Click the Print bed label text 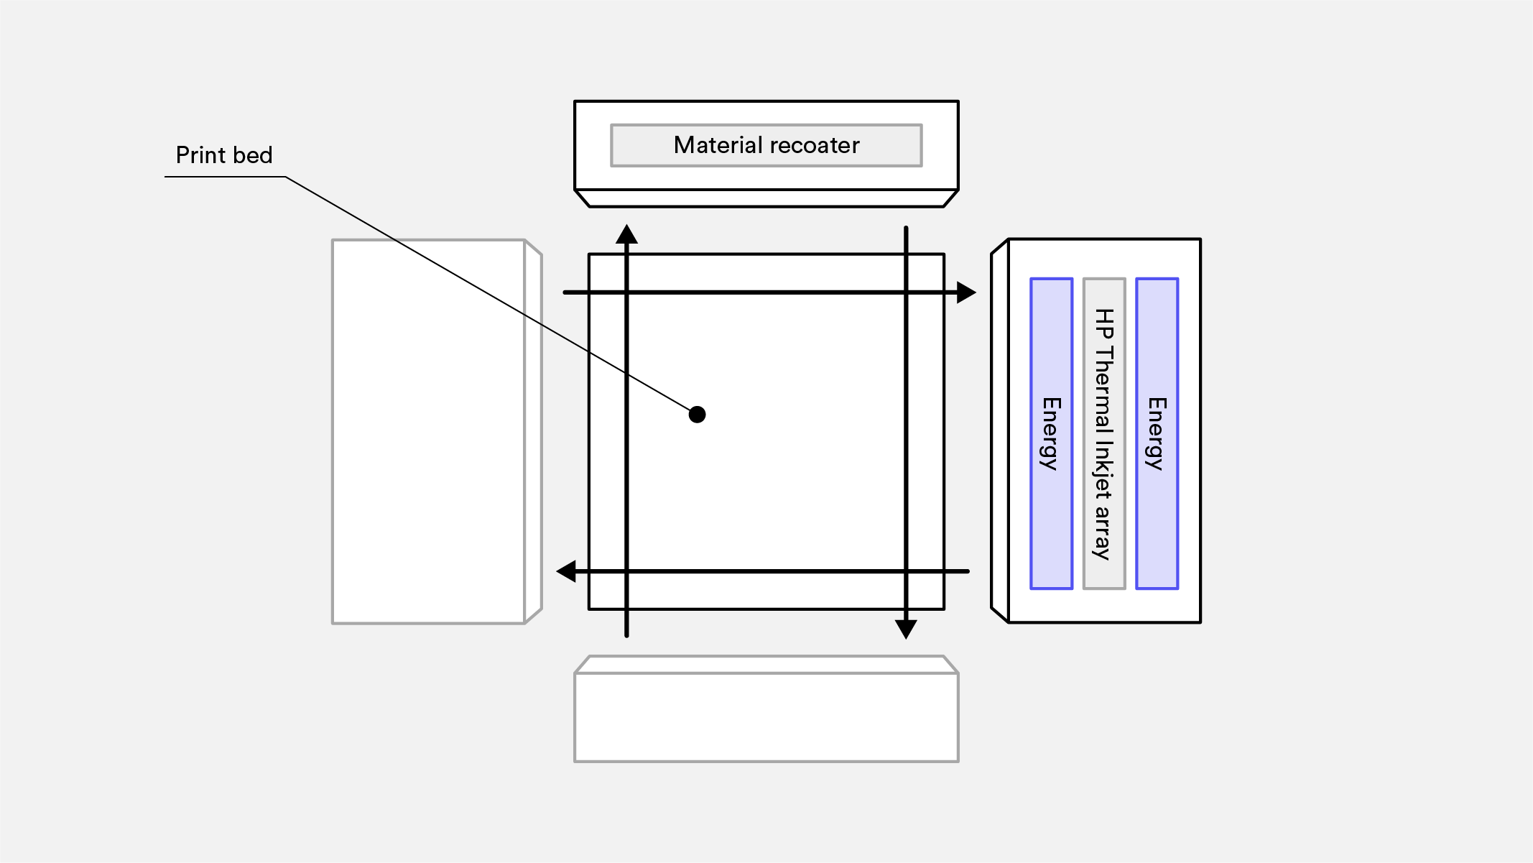pos(224,155)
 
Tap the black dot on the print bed pos(697,415)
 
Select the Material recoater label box pos(766,146)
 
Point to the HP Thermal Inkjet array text pos(1103,433)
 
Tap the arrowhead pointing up pos(626,234)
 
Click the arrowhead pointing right pos(966,292)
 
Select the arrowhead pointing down pos(906,629)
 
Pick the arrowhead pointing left pos(567,571)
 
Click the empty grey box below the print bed pos(766,716)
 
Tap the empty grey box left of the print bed pos(428,431)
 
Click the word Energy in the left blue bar pos(1051,433)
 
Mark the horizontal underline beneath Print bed pos(225,177)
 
